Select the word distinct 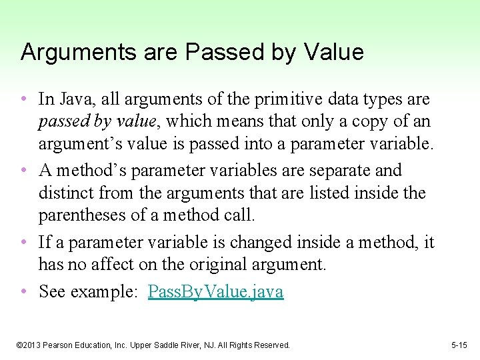point(66,193)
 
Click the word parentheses point(81,216)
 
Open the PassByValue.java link point(215,291)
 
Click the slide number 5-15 point(459,345)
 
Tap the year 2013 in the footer point(33,345)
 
